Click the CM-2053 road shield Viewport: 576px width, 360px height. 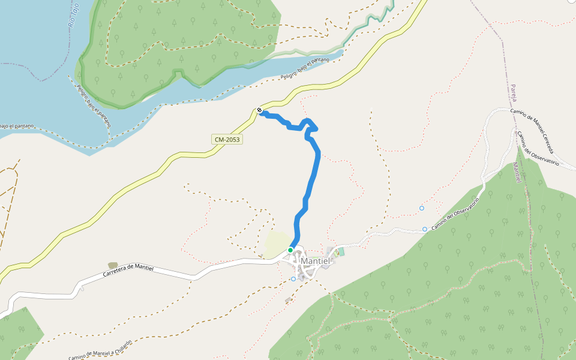tap(227, 139)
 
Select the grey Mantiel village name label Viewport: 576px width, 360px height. tap(316, 262)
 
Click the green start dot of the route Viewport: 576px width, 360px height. tap(290, 250)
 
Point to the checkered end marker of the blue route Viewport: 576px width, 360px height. tap(259, 110)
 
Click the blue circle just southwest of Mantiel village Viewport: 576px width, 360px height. tap(293, 279)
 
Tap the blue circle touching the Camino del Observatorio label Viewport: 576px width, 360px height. tap(425, 229)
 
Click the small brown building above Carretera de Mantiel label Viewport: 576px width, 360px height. tap(112, 265)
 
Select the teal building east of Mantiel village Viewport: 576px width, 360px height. tap(341, 251)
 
